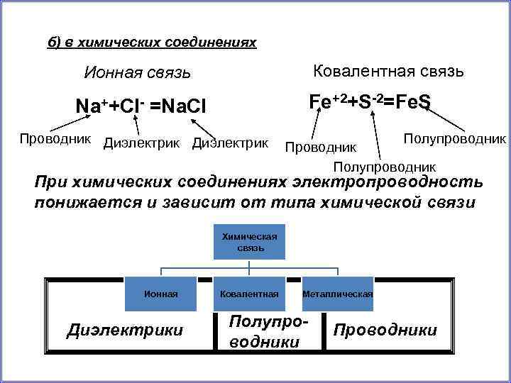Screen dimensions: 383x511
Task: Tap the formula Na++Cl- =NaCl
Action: [x=141, y=106]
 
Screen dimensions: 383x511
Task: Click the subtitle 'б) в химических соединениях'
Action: [x=151, y=43]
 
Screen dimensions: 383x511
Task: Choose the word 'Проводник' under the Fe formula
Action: [x=320, y=147]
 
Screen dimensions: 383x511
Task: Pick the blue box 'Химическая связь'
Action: [x=250, y=242]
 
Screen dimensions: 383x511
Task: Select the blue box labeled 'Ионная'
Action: [x=161, y=293]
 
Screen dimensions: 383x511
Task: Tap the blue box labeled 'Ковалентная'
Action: [x=250, y=293]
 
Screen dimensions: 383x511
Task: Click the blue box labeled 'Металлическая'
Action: [x=338, y=293]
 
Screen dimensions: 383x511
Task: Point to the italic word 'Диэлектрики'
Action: [x=124, y=330]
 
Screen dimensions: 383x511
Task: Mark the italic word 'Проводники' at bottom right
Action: [x=385, y=331]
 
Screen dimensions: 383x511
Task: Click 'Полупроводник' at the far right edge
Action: [x=454, y=137]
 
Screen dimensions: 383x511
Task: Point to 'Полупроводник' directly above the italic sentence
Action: [x=385, y=167]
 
